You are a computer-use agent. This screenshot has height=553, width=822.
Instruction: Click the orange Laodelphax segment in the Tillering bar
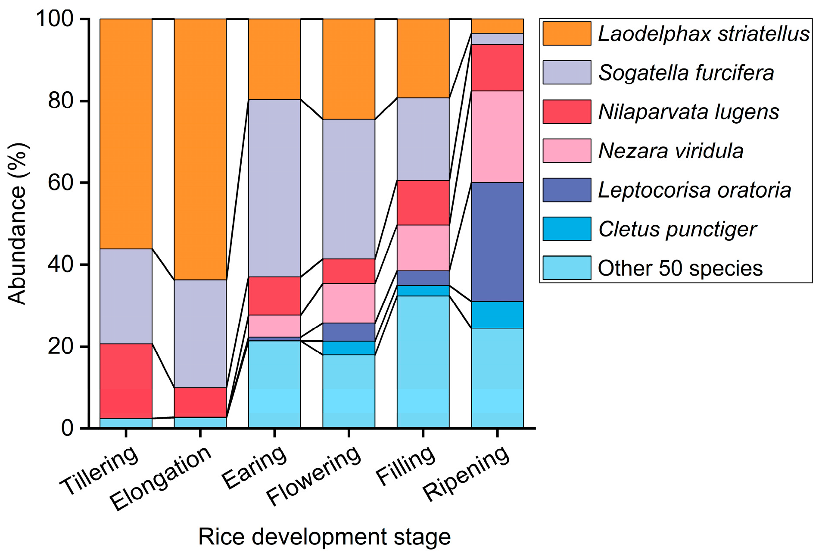[x=126, y=134]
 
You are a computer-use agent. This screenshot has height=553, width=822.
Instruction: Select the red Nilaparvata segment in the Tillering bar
[x=126, y=381]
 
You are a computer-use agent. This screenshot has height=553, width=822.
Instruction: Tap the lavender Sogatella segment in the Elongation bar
[x=200, y=333]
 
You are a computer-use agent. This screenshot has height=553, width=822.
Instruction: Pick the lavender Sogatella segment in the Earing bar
[x=274, y=188]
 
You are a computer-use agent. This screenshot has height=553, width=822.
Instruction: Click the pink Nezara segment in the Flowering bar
[x=349, y=303]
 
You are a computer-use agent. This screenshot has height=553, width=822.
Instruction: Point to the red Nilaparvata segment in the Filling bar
[x=423, y=202]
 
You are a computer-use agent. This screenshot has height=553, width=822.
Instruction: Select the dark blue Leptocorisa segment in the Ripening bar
[x=497, y=242]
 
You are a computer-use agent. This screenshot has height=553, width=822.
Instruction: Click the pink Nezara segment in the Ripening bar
[x=497, y=137]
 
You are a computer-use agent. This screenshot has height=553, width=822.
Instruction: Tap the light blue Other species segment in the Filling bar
[x=423, y=362]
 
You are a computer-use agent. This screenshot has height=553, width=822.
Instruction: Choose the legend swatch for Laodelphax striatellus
[x=567, y=34]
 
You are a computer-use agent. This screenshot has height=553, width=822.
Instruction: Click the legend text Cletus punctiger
[x=677, y=229]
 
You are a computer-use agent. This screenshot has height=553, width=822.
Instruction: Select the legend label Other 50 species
[x=680, y=268]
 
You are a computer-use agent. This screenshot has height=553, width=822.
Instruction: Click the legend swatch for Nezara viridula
[x=567, y=151]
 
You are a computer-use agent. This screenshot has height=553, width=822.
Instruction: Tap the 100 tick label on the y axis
[x=54, y=19]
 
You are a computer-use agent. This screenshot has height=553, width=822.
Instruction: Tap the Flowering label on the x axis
[x=314, y=475]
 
